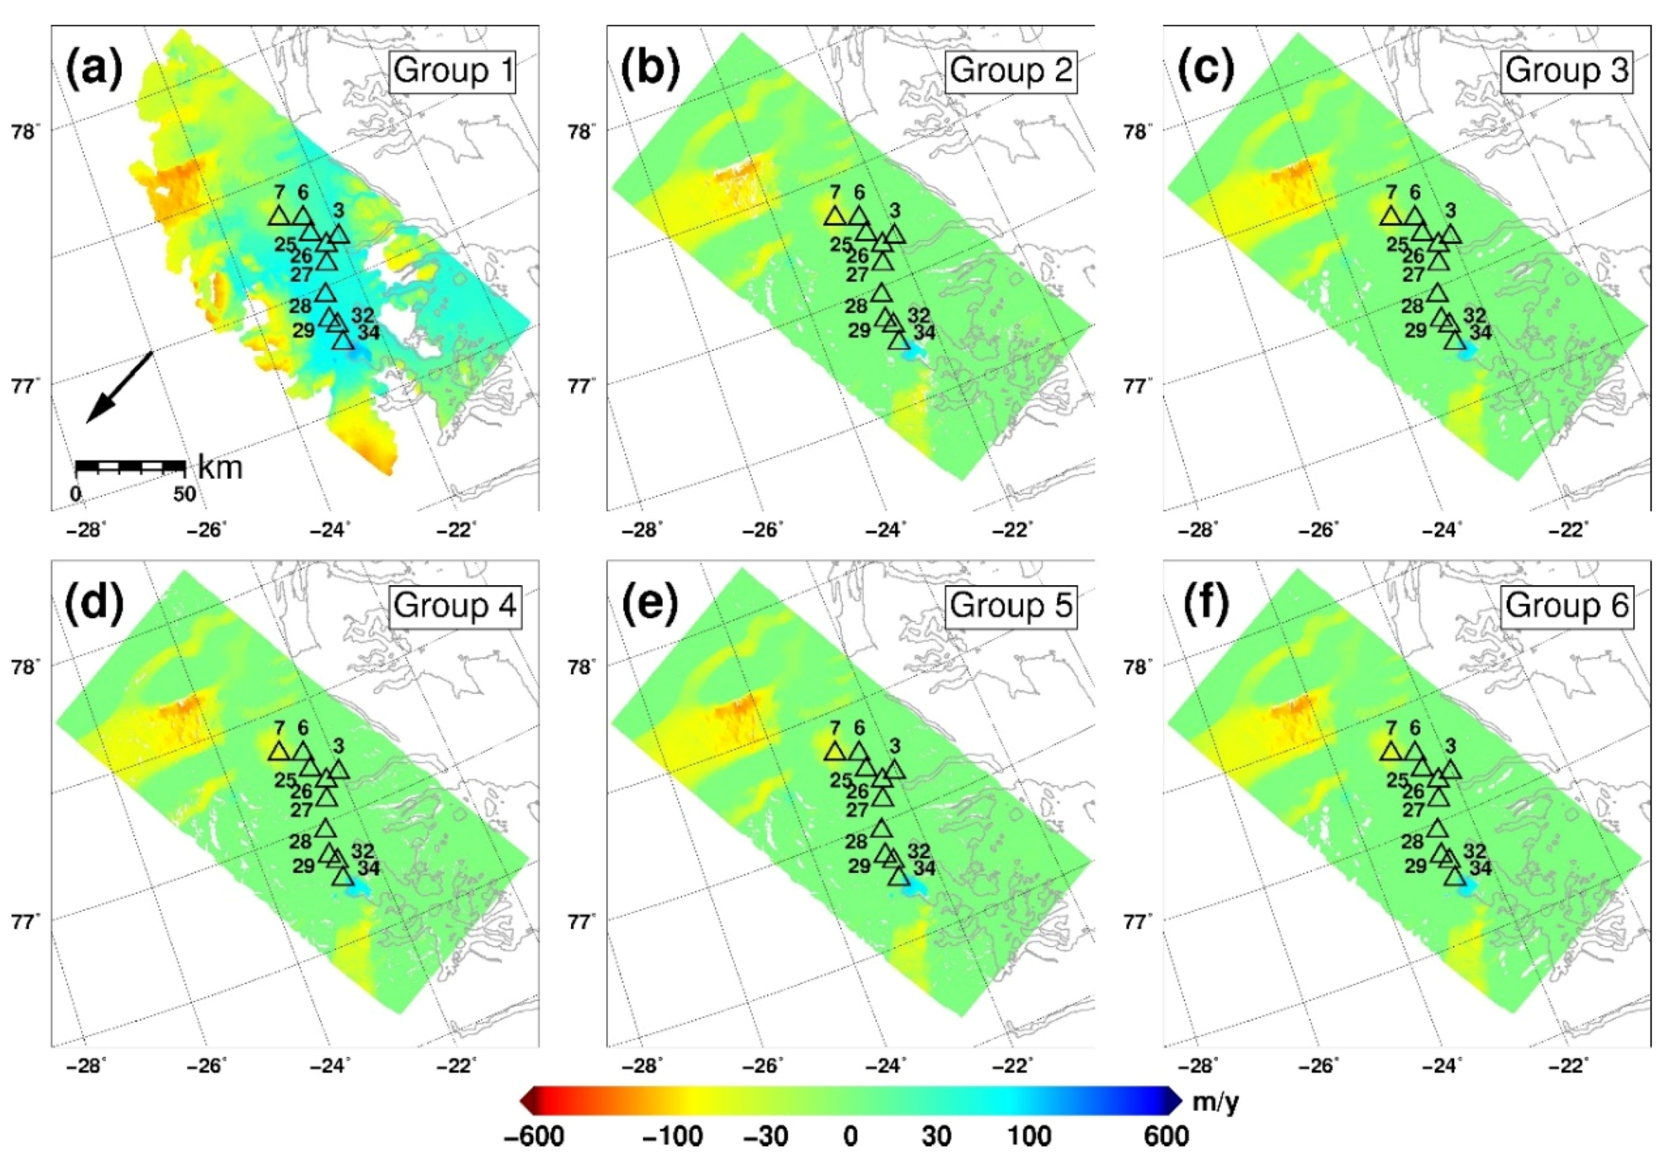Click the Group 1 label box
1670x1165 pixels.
[x=452, y=70]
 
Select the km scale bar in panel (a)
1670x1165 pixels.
[x=131, y=466]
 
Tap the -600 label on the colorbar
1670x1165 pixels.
[x=533, y=1136]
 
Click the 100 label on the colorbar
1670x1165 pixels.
[x=1029, y=1136]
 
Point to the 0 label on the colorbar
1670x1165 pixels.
[x=850, y=1136]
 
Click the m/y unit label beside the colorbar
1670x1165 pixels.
[x=1216, y=1102]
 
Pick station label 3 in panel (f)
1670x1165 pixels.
[x=1450, y=746]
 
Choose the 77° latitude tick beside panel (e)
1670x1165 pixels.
[x=582, y=922]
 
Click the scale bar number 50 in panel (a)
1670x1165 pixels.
[x=184, y=495]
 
